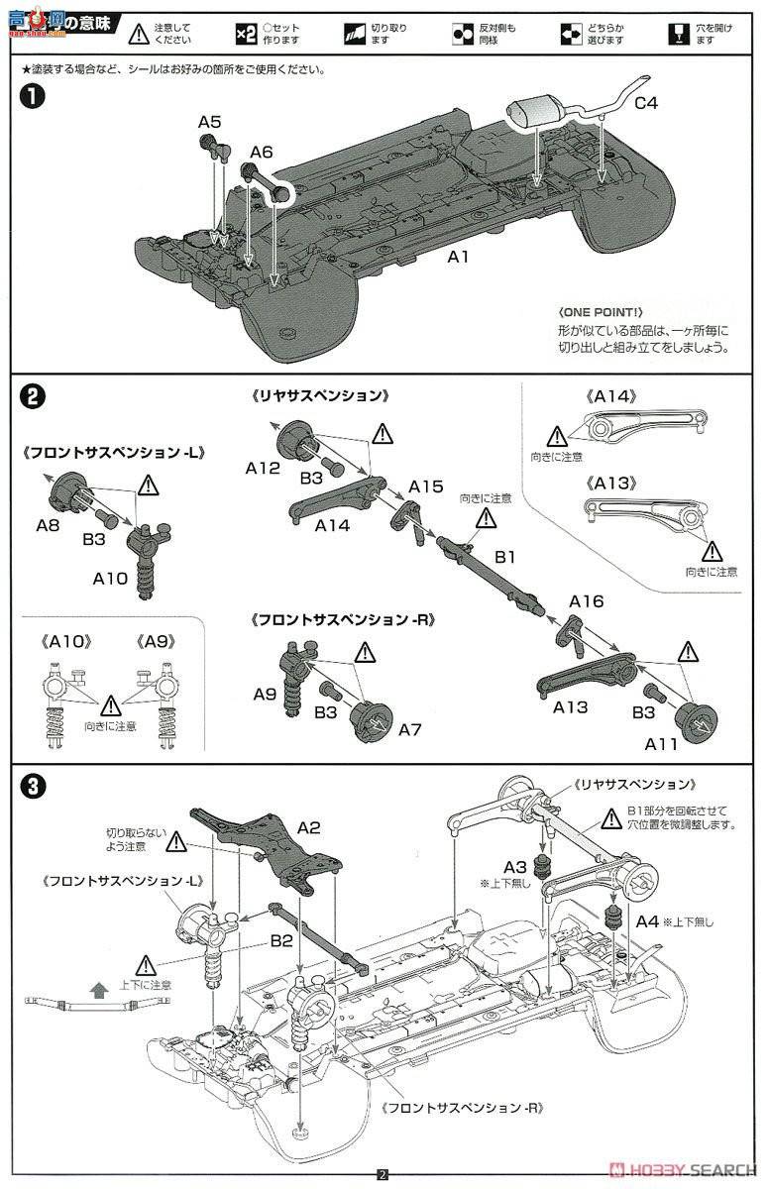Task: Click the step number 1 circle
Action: coord(33,99)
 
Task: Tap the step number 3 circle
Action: coord(33,787)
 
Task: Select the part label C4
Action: coord(645,102)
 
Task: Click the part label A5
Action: coord(209,121)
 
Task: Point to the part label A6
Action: coord(261,152)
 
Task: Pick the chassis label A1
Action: coord(458,256)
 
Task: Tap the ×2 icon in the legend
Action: coord(246,34)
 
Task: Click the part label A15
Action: coord(425,486)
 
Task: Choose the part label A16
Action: coord(586,600)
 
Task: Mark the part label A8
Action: coord(49,526)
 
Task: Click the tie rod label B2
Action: coord(280,941)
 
